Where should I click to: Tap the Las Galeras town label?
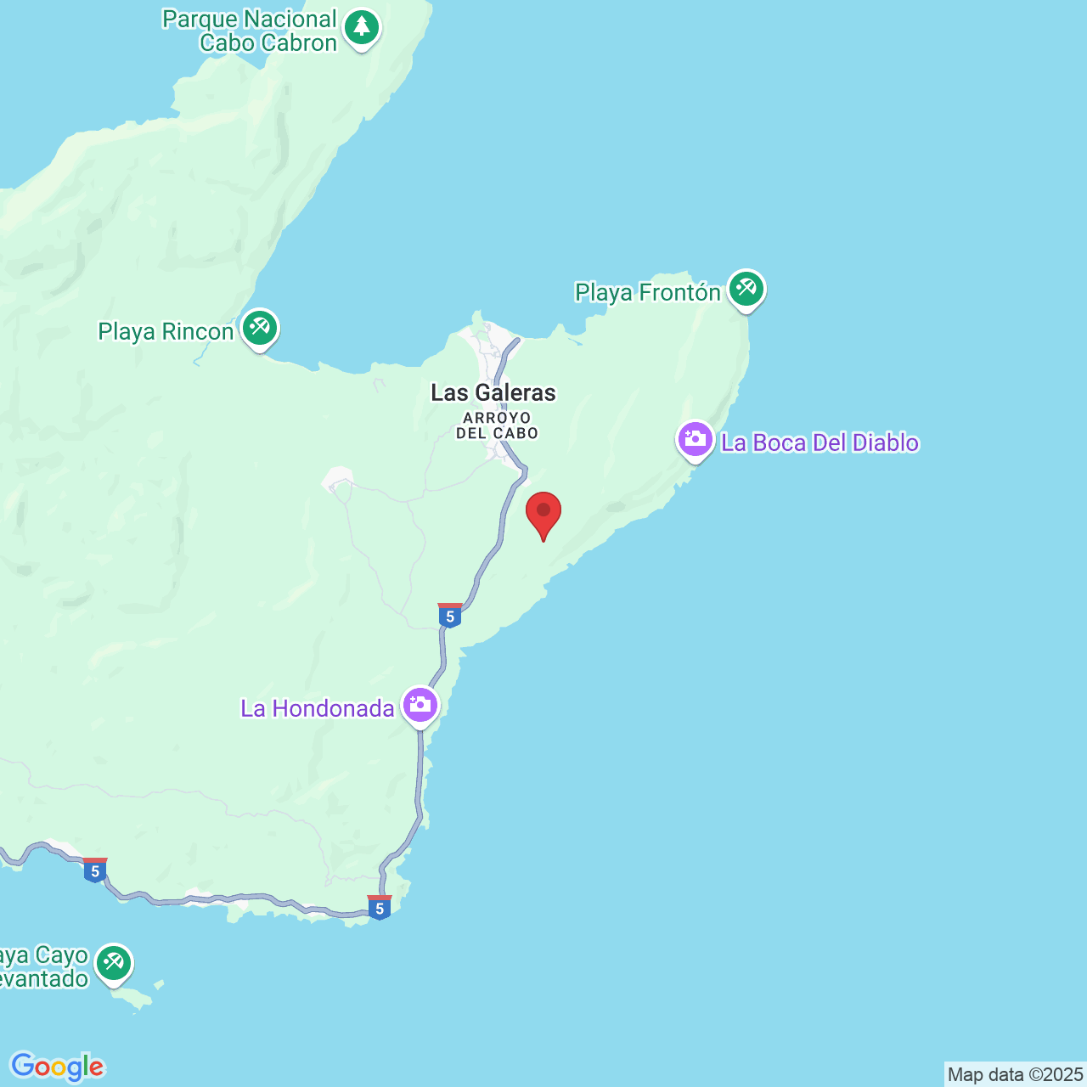(493, 392)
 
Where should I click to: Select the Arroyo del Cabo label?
(497, 425)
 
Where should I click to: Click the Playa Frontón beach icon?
(746, 289)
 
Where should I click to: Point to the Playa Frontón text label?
(648, 293)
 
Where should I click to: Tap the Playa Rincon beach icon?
(260, 328)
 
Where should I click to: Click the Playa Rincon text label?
(166, 332)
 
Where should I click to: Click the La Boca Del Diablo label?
(819, 443)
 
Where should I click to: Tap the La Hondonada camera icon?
(420, 705)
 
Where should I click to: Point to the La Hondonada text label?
(318, 708)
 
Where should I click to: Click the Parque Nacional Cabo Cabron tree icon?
(362, 27)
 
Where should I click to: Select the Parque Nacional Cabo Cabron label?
(250, 31)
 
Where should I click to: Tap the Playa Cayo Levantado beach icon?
(113, 963)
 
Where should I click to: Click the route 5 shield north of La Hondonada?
(450, 616)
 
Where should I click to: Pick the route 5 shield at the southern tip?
(380, 908)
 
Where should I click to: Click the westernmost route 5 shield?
(95, 870)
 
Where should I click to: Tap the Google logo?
(57, 1067)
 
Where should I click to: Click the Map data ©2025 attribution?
(1015, 1075)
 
